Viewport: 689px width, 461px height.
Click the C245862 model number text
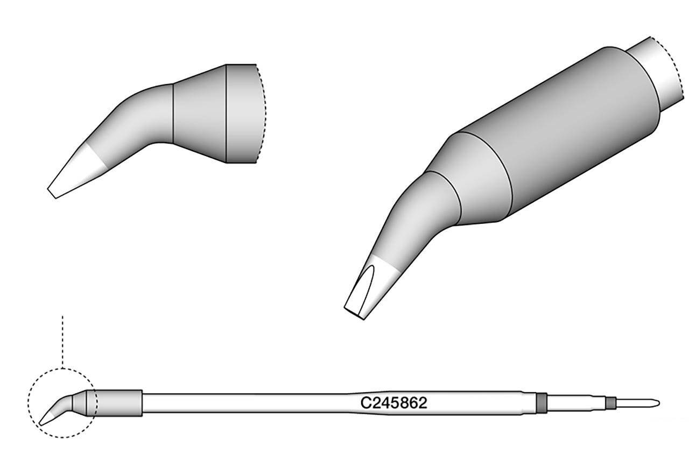(x=395, y=403)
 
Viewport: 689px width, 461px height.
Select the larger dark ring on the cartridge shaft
(x=542, y=403)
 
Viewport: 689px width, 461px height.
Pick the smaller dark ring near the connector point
(x=610, y=403)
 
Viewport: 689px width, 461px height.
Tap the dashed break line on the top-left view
(x=263, y=113)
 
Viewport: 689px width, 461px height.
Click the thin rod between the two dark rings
(x=576, y=403)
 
